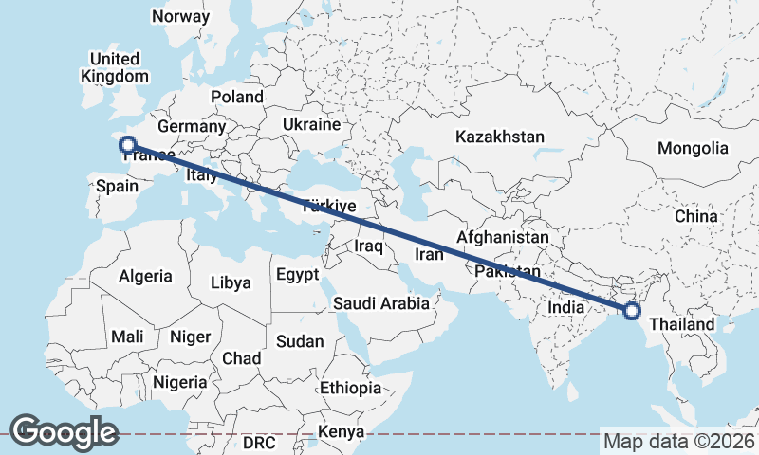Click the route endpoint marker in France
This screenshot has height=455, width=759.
coord(129,145)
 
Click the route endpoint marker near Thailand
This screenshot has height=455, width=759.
coord(631,310)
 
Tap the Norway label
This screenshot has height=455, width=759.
coord(180,16)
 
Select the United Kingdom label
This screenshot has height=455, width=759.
coord(115,67)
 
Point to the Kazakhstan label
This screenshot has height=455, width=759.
coord(500,136)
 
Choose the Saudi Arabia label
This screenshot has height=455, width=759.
coord(380,304)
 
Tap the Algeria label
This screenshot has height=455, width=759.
coord(146,277)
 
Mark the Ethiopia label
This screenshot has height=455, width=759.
coord(350,388)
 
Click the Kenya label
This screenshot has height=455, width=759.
coord(342,431)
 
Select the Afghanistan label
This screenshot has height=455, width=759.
coord(503,237)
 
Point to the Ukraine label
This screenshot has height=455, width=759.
coord(311,125)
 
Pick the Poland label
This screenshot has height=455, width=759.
coord(237,97)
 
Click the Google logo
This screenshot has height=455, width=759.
coord(64,431)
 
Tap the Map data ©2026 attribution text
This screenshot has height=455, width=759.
coord(678,441)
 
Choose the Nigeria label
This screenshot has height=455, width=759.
coord(179,382)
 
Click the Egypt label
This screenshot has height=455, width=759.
coord(299,275)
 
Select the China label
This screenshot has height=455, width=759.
coord(696,216)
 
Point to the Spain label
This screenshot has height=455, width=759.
coord(118,187)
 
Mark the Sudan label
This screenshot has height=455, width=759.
coord(300,341)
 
